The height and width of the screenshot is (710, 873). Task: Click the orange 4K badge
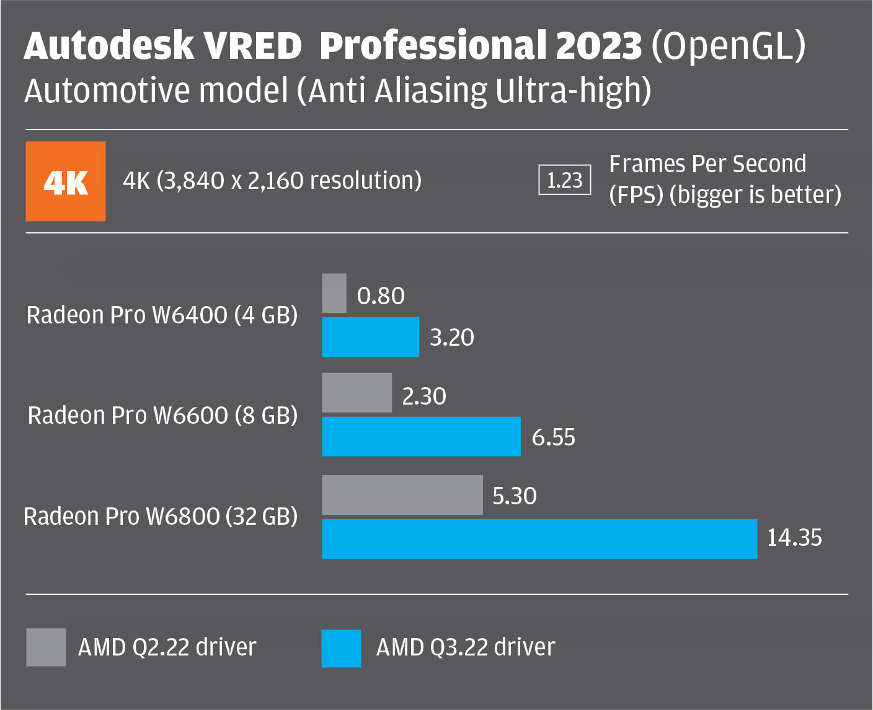click(x=65, y=182)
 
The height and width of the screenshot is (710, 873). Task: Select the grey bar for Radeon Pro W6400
click(x=334, y=294)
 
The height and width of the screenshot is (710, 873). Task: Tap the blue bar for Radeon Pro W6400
click(x=370, y=337)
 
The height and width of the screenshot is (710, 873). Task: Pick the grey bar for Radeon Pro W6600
click(x=357, y=393)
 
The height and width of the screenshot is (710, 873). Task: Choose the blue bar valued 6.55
click(x=421, y=437)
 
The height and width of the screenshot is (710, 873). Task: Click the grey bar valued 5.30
click(x=402, y=495)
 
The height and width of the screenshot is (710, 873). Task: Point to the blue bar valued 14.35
click(x=539, y=539)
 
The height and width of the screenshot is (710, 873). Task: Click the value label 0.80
click(x=381, y=296)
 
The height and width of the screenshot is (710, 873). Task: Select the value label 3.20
click(x=452, y=338)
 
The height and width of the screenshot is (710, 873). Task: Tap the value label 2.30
click(x=424, y=397)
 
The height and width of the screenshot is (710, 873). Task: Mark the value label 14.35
click(x=794, y=538)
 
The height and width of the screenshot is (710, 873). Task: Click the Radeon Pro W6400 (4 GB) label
click(x=162, y=315)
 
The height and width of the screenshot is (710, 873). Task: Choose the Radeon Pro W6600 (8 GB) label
click(x=162, y=415)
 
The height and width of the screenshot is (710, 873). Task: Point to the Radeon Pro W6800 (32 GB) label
click(x=161, y=516)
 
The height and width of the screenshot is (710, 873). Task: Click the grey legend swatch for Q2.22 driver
click(x=46, y=647)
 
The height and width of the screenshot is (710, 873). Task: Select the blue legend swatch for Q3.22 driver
click(x=341, y=648)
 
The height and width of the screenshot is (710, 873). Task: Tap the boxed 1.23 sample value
click(x=564, y=180)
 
